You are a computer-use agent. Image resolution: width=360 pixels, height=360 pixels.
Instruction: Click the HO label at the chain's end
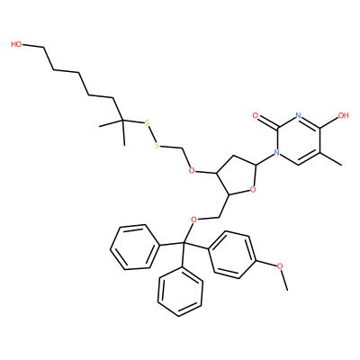click(x=16, y=44)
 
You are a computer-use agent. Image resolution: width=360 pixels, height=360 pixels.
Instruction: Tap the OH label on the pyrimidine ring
click(x=343, y=115)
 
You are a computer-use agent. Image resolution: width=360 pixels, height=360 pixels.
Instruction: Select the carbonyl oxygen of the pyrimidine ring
click(x=256, y=115)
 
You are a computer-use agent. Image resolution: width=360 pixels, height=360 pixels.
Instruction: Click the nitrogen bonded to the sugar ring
click(x=277, y=153)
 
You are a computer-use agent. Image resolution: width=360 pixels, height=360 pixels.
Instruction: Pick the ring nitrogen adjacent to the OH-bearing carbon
click(x=298, y=115)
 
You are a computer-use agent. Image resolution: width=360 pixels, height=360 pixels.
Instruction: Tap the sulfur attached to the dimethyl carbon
click(x=147, y=122)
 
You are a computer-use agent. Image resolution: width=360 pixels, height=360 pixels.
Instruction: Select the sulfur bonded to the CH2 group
click(x=157, y=146)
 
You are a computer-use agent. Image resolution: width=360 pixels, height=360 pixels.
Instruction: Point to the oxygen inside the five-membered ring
click(x=253, y=189)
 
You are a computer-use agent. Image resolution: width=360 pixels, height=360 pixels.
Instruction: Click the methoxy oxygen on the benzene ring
click(x=280, y=265)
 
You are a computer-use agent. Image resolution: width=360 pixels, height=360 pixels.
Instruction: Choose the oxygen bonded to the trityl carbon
click(x=193, y=220)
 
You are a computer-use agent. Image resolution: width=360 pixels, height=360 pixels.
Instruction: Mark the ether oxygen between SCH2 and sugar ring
click(x=193, y=171)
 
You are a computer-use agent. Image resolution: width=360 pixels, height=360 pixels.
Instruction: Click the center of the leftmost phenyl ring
click(x=134, y=247)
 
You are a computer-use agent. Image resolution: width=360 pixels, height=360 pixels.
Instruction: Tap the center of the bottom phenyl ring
click(x=180, y=292)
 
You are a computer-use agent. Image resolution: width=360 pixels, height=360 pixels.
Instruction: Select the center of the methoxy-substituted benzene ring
click(x=232, y=255)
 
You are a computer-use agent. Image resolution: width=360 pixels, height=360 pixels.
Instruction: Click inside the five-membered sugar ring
click(x=238, y=176)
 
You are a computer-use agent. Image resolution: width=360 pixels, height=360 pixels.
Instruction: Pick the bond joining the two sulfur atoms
click(x=152, y=134)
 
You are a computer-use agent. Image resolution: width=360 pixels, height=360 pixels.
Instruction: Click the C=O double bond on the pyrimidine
click(x=267, y=121)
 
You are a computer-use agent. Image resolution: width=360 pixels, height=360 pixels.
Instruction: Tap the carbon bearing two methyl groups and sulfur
click(x=122, y=121)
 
